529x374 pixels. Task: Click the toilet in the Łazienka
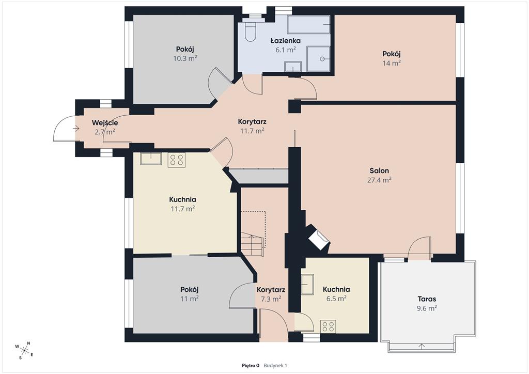tap(251, 32)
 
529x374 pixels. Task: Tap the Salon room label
tap(379, 170)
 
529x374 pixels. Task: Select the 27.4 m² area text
tap(379, 180)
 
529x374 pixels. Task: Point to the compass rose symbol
tap(24, 350)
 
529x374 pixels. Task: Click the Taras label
tap(427, 299)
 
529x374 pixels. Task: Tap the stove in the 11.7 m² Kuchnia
tap(177, 160)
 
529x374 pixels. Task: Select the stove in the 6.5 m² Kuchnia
tap(328, 326)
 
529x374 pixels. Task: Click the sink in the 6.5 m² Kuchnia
tap(307, 284)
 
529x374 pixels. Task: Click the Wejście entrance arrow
tap(76, 129)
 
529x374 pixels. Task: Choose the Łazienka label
tap(285, 41)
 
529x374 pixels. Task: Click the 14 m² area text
tap(392, 63)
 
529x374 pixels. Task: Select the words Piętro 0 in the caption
tap(251, 365)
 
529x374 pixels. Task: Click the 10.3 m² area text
tap(185, 58)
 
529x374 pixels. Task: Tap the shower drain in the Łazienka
tap(322, 59)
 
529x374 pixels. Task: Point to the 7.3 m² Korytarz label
tap(271, 294)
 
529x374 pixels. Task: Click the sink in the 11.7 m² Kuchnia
tap(151, 159)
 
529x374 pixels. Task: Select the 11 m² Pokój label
tap(189, 294)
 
